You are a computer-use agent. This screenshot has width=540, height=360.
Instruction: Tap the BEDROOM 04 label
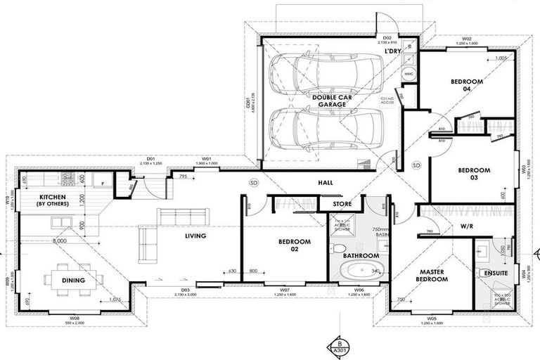coord(467,86)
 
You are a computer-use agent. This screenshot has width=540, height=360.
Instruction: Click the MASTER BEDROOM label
coord(434,275)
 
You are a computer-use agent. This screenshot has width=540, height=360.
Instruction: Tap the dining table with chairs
coord(73,278)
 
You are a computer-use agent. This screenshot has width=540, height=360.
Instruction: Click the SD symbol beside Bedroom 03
coord(416,165)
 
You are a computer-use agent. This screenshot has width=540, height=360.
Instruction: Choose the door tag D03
coord(185,290)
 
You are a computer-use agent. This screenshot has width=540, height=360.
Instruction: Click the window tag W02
coord(466,39)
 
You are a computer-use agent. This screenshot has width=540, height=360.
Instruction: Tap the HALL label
coord(325,183)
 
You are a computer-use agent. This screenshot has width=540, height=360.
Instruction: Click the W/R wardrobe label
coord(465,226)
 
